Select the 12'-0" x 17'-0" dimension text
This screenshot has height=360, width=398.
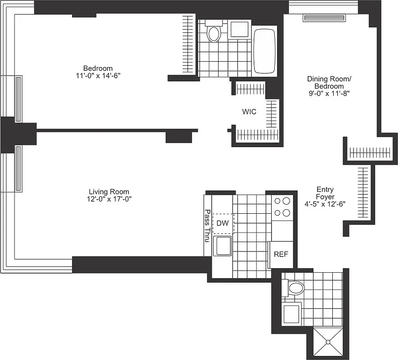click(110, 199)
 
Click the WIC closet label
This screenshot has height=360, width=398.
click(249, 112)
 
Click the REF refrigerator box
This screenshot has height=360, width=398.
click(281, 254)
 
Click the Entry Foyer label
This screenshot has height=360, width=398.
click(325, 193)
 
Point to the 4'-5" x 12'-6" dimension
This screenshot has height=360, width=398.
click(325, 204)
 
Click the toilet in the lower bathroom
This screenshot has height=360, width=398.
click(295, 287)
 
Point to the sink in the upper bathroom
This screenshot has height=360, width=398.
click(239, 29)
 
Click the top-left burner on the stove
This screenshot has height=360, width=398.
click(277, 202)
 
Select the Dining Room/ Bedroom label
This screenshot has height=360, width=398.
click(329, 82)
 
